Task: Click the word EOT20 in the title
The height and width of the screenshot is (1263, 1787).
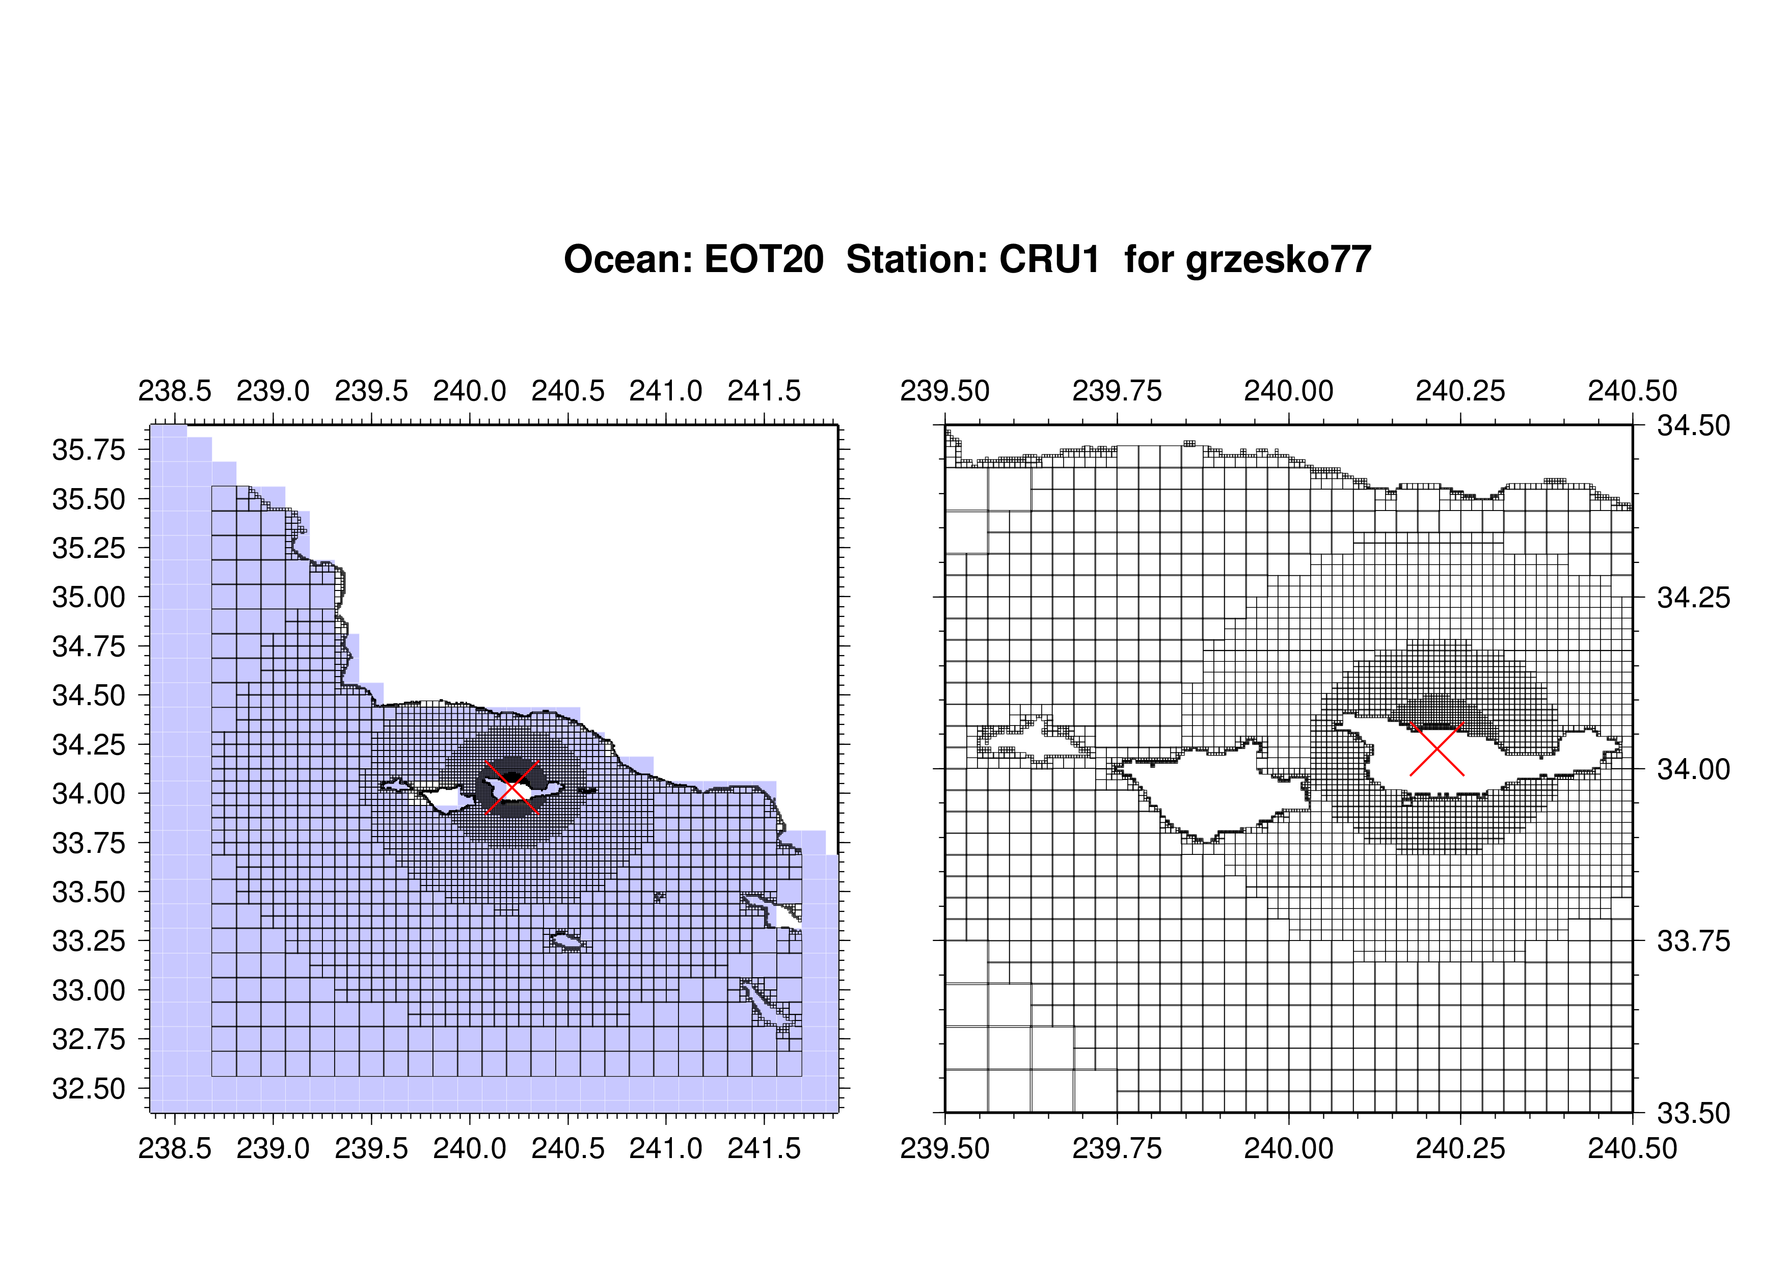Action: (x=764, y=259)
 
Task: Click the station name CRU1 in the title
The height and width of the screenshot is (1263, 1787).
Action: (x=1049, y=259)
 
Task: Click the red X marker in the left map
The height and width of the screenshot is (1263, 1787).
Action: (x=512, y=788)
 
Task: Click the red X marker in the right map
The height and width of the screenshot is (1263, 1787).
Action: (x=1437, y=748)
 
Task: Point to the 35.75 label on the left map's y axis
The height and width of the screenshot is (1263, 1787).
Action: (x=89, y=450)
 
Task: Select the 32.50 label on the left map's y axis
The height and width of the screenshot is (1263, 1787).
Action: (x=89, y=1089)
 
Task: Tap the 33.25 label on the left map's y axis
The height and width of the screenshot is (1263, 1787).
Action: (x=89, y=942)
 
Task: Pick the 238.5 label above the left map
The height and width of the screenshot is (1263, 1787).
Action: (x=175, y=391)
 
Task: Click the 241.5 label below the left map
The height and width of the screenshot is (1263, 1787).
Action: (x=764, y=1148)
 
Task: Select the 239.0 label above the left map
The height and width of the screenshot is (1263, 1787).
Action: (x=273, y=391)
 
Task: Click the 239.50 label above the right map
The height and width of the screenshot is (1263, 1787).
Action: (x=945, y=391)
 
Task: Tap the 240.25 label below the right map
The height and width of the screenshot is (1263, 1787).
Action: (x=1461, y=1148)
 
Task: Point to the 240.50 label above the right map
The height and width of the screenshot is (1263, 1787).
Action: (x=1633, y=391)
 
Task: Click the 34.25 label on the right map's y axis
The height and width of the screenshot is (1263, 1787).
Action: (x=1694, y=598)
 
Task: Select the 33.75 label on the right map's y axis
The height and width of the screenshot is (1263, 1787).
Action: (x=1694, y=942)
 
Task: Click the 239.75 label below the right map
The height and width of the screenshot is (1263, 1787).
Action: (x=1117, y=1148)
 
